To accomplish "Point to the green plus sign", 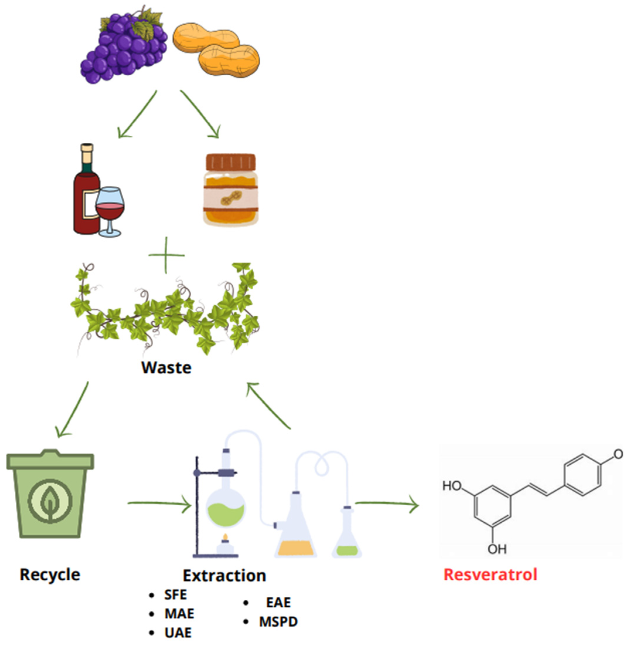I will pyautogui.click(x=166, y=255).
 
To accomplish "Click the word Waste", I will pyautogui.click(x=166, y=368).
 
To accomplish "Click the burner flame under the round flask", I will pyautogui.click(x=225, y=537).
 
